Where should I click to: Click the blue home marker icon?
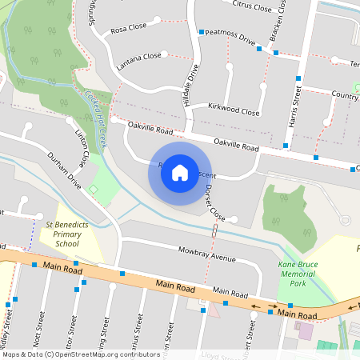[x=180, y=172]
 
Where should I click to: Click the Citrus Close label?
[x=252, y=6]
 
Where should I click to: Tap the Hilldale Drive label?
[x=192, y=86]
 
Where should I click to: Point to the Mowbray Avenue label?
[x=206, y=258]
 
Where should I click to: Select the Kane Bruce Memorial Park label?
[x=298, y=274]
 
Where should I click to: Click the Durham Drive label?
[x=65, y=171]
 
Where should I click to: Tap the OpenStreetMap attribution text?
[x=70, y=354]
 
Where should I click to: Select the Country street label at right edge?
[x=344, y=95]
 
